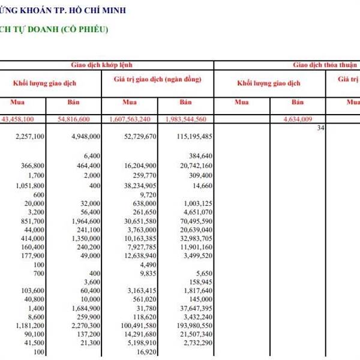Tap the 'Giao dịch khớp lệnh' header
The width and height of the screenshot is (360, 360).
click(x=106, y=65)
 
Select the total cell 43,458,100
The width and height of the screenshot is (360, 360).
click(x=26, y=119)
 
